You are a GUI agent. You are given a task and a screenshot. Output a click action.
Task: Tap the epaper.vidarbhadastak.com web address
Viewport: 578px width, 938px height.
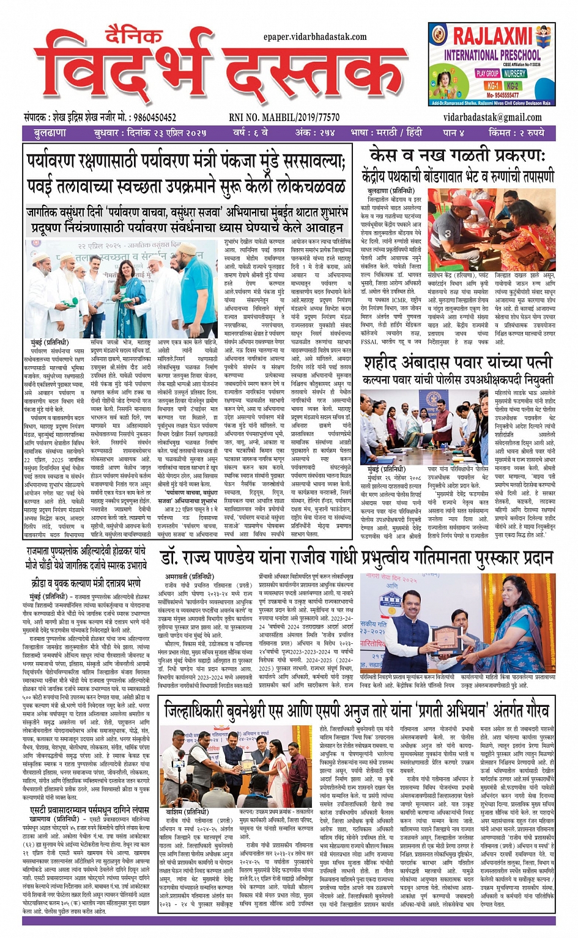315,37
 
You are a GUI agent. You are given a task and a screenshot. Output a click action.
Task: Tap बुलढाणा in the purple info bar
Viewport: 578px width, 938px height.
50,133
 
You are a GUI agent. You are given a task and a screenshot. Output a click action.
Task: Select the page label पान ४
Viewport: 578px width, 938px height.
454,133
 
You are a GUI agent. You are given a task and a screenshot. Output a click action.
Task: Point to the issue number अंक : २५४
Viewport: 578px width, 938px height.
316,133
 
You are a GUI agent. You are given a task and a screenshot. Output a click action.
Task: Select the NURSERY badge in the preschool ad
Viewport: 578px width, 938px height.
514,73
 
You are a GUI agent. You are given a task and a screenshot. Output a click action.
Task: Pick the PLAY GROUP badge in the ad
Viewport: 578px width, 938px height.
487,73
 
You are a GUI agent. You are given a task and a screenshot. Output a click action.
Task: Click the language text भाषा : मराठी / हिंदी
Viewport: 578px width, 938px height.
386,133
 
